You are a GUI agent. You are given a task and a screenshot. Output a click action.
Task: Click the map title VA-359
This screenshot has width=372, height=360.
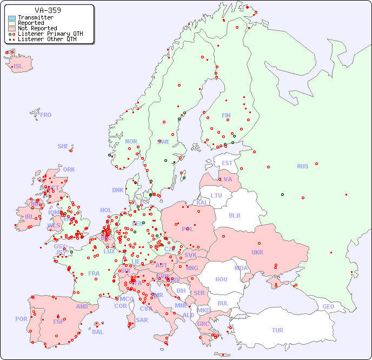(x=48, y=10)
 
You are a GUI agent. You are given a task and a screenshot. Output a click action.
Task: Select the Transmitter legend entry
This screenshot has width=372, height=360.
(x=35, y=18)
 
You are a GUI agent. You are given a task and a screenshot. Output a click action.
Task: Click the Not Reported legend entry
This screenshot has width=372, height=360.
(x=37, y=28)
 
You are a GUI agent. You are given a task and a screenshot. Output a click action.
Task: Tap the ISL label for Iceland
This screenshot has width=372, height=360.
(x=18, y=67)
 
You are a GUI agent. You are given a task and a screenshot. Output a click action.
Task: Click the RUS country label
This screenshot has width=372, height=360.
(x=302, y=166)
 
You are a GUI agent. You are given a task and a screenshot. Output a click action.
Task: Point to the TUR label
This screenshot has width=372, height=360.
(x=277, y=330)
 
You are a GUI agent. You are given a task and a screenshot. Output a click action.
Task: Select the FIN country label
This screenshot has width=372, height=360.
(x=226, y=115)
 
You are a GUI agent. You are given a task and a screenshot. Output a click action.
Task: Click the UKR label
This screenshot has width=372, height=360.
(x=257, y=252)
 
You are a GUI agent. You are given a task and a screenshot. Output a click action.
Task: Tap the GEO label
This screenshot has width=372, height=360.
(x=328, y=306)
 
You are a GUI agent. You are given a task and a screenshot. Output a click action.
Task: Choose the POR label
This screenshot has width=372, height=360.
(x=21, y=319)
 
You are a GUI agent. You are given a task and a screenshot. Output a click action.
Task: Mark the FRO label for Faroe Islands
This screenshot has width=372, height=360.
(x=46, y=115)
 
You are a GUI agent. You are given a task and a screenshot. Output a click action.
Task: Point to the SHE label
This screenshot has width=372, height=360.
(x=63, y=146)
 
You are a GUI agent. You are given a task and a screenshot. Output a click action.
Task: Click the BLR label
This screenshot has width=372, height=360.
(x=234, y=215)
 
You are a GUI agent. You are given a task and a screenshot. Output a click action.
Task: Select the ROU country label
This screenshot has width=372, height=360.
(x=221, y=279)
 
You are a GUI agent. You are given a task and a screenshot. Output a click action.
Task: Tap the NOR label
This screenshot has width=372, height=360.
(x=131, y=141)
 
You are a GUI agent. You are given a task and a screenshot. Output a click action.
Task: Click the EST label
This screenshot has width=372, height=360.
(x=227, y=163)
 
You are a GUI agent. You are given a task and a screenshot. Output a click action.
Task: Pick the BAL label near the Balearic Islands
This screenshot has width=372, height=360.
(x=97, y=332)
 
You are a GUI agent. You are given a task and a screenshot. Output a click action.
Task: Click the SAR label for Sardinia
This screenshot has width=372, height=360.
(x=142, y=319)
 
